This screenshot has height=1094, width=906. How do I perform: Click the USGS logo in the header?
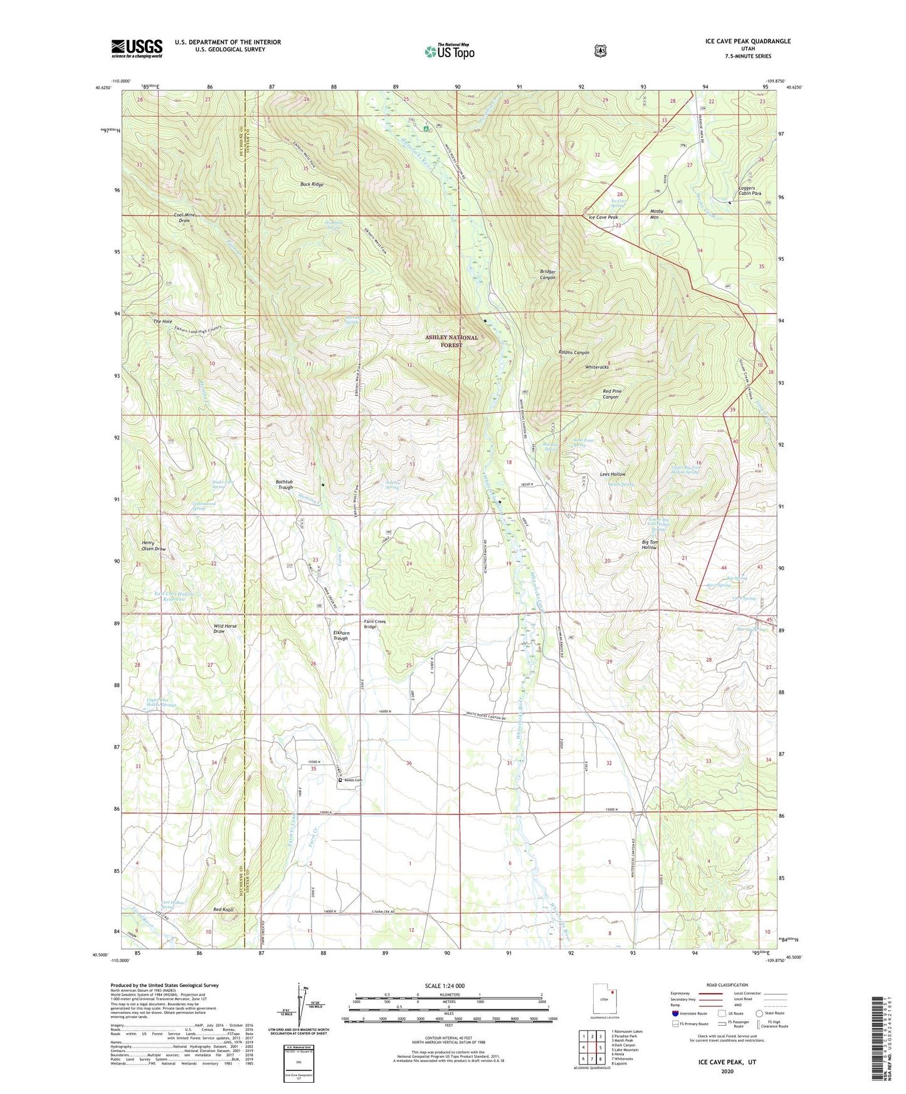(x=137, y=48)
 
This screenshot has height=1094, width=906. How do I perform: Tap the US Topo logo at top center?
(x=449, y=51)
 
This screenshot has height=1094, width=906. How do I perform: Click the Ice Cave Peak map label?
(x=603, y=217)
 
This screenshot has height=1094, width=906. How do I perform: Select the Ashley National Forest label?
(x=451, y=341)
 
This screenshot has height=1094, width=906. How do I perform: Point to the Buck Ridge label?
(x=312, y=185)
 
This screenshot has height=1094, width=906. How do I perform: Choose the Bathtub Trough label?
(x=285, y=484)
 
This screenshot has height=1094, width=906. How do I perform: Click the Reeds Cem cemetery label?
(x=353, y=780)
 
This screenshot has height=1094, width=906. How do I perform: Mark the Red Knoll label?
(x=223, y=909)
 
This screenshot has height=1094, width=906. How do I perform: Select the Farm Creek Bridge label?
(x=375, y=624)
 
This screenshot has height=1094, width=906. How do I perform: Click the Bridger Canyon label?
(x=548, y=274)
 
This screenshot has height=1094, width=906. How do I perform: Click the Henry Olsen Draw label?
(x=154, y=546)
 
